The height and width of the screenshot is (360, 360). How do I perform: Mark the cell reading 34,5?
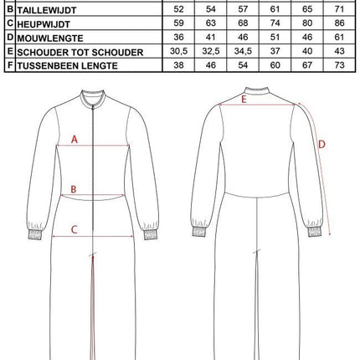243,51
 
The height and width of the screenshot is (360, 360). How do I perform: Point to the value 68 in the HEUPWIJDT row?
243,23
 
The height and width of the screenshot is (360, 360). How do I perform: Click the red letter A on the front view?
75,140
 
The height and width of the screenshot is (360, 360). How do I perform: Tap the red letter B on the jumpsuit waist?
74,189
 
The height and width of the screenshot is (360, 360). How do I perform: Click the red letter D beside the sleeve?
321,144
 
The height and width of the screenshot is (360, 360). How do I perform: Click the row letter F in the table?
9,65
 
